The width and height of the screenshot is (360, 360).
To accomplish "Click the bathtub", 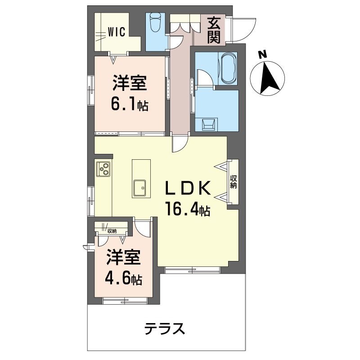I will pyautogui.click(x=229, y=68).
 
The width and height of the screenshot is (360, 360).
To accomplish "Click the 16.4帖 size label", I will pyautogui.click(x=187, y=210).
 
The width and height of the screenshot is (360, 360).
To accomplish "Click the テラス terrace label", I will pyautogui.click(x=165, y=329).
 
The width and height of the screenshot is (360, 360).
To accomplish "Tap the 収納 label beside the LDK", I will pyautogui.click(x=233, y=182).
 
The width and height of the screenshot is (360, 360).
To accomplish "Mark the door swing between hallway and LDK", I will pyautogui.click(x=179, y=144).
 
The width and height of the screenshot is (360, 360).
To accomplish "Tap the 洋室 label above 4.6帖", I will pyautogui.click(x=123, y=258).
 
